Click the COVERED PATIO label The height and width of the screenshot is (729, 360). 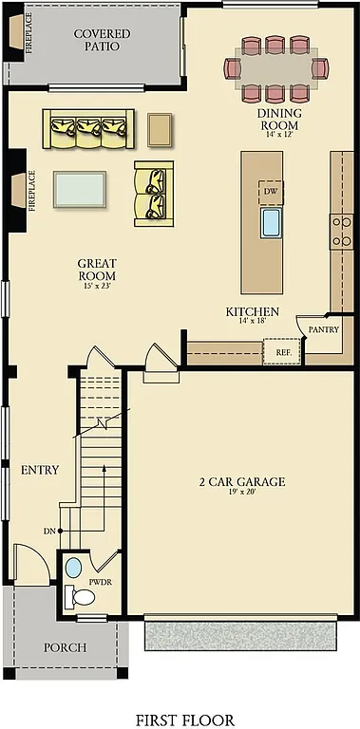pos(102,40)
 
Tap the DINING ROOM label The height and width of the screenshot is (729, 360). pos(279,119)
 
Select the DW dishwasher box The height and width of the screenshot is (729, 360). pos(271,190)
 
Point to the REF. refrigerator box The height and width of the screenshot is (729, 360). pos(282,351)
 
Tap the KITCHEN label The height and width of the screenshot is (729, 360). pos(252,311)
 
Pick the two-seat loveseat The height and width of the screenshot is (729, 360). pos(153,194)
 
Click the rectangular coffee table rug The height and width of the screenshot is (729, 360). pos(80,188)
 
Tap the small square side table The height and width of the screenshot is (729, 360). pos(161,128)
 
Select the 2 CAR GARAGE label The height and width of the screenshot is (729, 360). pos(241,482)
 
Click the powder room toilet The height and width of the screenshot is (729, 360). pos(83,597)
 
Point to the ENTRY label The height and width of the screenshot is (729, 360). pos(40,470)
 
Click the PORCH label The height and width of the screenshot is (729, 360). pos(66,647)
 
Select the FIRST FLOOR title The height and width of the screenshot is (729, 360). pos(184,720)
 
